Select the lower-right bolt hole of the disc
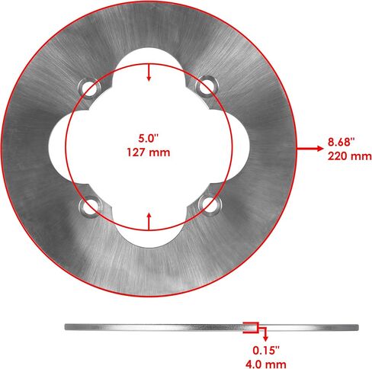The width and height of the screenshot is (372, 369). (x=209, y=205)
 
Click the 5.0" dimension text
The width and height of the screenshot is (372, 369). (x=149, y=139)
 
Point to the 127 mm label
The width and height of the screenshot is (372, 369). (x=149, y=152)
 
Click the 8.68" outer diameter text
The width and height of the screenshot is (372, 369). (x=341, y=142)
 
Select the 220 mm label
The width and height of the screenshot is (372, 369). (x=349, y=156)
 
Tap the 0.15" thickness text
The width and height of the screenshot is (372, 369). (x=266, y=350)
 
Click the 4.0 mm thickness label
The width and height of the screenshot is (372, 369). (x=266, y=364)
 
